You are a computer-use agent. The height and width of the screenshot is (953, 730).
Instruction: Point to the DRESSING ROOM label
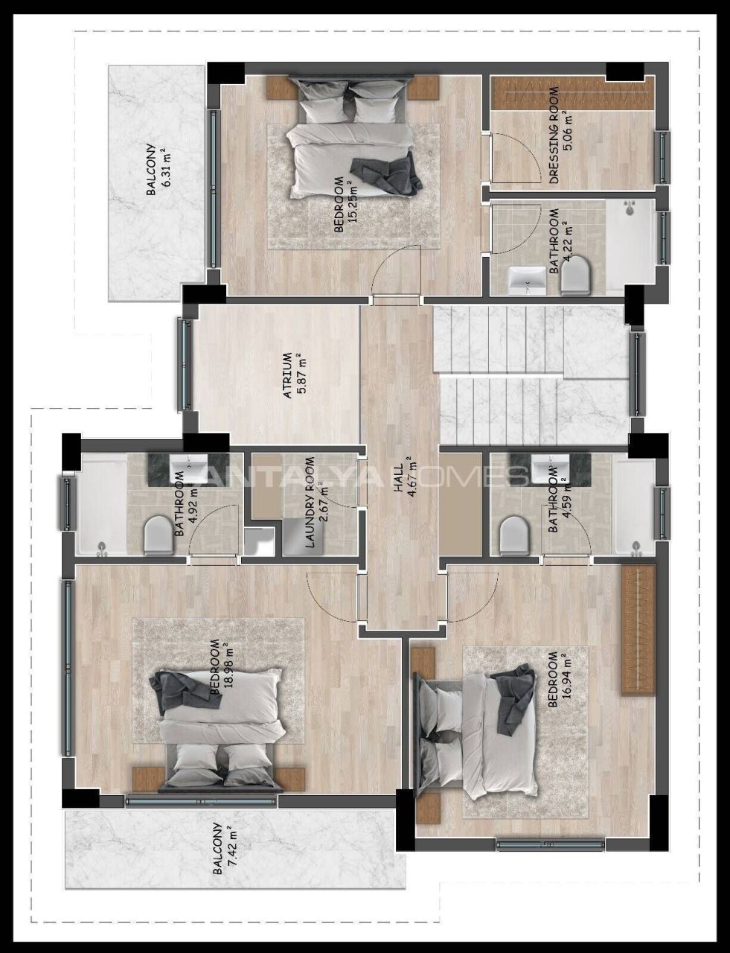click(x=554, y=136)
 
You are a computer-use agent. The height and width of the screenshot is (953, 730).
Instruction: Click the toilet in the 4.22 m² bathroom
click(x=575, y=275)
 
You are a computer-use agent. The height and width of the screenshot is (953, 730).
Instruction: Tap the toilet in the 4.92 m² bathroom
click(x=159, y=535)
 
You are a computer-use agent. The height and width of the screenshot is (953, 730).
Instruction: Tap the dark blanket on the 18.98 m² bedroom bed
click(x=186, y=693)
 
